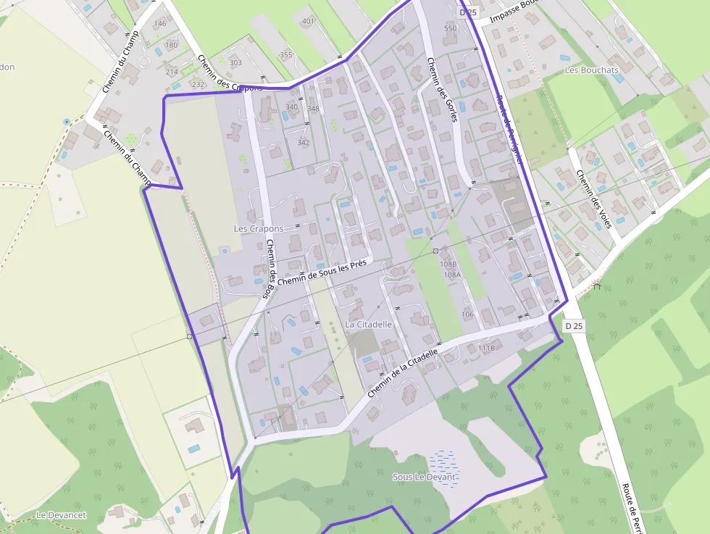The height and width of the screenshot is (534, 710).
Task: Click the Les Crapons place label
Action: [259, 228]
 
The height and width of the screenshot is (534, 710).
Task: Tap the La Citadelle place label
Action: [368, 325]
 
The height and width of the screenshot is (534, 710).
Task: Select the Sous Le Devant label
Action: [425, 477]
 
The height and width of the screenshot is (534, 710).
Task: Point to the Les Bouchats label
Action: [591, 70]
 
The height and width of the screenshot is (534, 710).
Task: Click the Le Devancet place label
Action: [61, 515]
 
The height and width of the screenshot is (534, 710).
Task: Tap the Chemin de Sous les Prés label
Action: [322, 272]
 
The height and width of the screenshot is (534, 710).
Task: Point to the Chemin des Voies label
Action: [593, 198]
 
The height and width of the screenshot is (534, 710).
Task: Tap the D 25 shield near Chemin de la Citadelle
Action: [574, 326]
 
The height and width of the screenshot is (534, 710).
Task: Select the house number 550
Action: [450, 28]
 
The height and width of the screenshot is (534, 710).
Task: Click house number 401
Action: [308, 21]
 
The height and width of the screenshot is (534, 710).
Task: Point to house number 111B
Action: [486, 349]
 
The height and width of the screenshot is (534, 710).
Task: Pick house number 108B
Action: [448, 264]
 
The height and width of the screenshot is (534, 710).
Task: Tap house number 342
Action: [303, 142]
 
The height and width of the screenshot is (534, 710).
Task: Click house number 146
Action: [160, 24]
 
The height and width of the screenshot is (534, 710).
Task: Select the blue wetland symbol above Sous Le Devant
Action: [443, 459]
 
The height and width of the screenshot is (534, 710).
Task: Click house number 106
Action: [467, 314]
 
